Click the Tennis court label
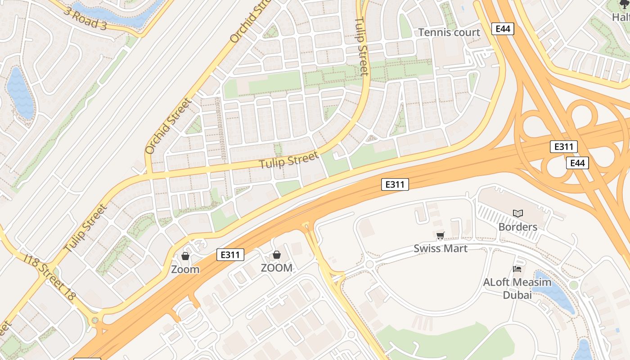(449, 32)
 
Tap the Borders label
(517, 227)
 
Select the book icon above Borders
(517, 213)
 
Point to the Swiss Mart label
(441, 248)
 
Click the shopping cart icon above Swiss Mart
(440, 235)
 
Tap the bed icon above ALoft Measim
(517, 269)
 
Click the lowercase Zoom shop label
(185, 270)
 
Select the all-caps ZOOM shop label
(277, 268)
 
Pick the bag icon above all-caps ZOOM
(277, 255)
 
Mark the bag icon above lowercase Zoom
(185, 256)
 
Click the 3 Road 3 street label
(85, 18)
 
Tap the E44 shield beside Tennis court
(503, 29)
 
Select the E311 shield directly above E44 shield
(563, 147)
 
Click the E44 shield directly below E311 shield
(577, 163)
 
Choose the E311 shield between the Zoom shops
(230, 255)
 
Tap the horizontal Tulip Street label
(288, 160)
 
